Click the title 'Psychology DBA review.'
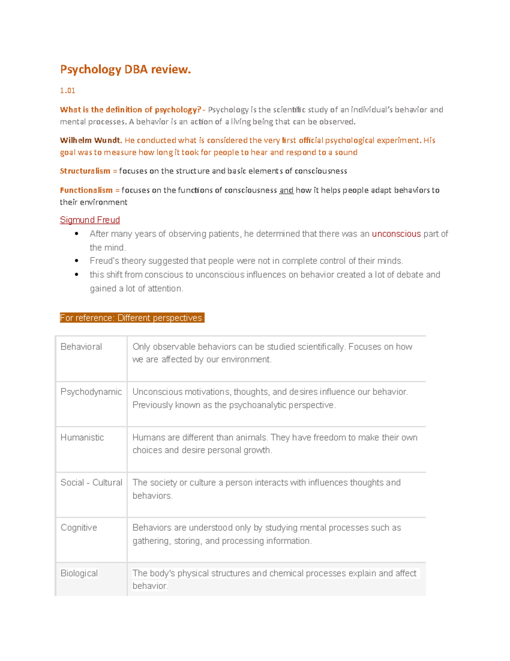click(125, 69)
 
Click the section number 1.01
click(68, 90)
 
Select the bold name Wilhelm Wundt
click(91, 140)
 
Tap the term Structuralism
click(85, 171)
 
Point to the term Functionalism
click(86, 190)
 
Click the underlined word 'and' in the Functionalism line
click(286, 190)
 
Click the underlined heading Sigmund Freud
click(90, 220)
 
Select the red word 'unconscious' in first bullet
click(396, 234)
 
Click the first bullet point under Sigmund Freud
click(76, 234)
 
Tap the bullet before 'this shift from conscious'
click(76, 275)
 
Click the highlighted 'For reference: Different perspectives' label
click(132, 318)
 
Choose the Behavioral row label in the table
click(81, 347)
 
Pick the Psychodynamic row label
click(91, 392)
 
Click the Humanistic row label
click(82, 438)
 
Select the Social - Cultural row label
click(91, 483)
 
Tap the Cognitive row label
click(79, 528)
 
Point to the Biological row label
click(79, 573)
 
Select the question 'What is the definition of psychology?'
click(130, 110)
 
